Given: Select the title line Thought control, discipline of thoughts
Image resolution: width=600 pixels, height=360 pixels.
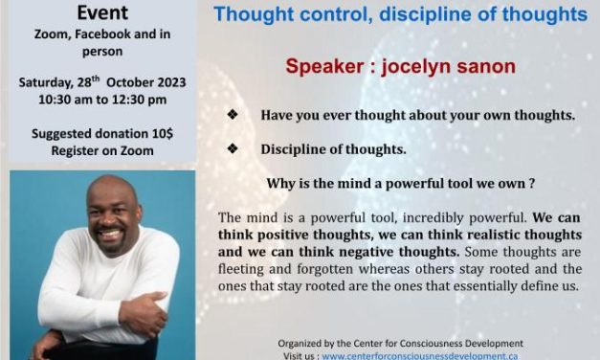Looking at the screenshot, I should [x=400, y=14].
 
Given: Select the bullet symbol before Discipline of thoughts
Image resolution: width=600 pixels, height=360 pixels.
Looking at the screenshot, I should [x=232, y=150].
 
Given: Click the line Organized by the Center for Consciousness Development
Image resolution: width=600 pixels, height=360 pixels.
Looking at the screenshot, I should [x=401, y=343].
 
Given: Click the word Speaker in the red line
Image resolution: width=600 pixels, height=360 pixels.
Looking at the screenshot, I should [x=322, y=67].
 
